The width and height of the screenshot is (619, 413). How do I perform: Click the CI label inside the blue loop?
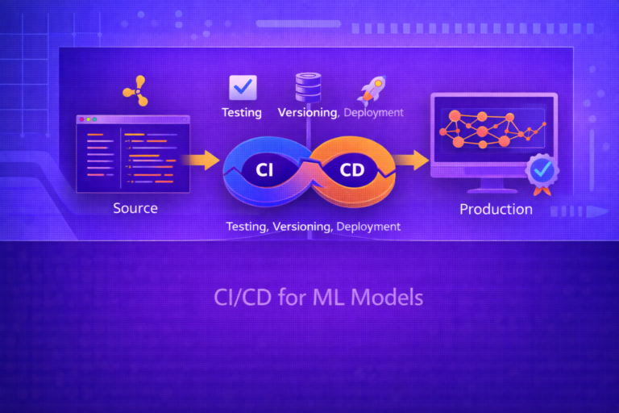[x=265, y=170]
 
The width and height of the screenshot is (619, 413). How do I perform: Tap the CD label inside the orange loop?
[x=352, y=170]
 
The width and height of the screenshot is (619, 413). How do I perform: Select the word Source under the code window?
[x=135, y=208]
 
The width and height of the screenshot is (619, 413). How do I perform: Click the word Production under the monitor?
[x=496, y=209]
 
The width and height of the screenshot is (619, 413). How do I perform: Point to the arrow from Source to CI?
[x=204, y=161]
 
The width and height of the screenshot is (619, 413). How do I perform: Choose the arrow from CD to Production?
[x=412, y=161]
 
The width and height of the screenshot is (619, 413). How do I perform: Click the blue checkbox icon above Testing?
[x=242, y=86]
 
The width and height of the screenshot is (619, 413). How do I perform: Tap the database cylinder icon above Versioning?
[x=307, y=86]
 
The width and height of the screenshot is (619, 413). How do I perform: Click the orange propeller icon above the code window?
[x=135, y=91]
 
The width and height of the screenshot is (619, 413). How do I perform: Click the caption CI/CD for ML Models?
[x=318, y=297]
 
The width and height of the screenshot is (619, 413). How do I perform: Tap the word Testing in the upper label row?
[x=242, y=112]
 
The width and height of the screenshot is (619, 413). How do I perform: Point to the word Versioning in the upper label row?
[x=307, y=112]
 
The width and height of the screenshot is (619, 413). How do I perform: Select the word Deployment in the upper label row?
[x=373, y=112]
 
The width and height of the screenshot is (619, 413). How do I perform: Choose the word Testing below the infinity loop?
[x=246, y=227]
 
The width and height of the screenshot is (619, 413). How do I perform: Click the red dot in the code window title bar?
[x=81, y=119]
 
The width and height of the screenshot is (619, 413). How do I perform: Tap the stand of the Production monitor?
[x=493, y=186]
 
